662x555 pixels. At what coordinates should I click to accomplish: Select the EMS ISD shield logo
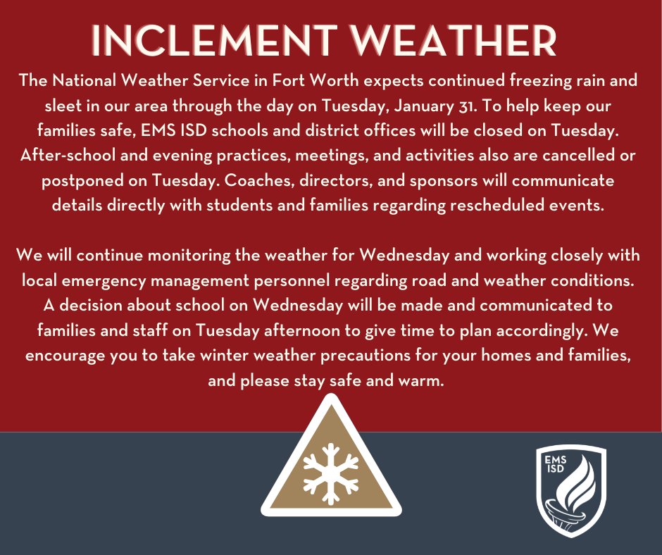(x=570, y=490)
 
